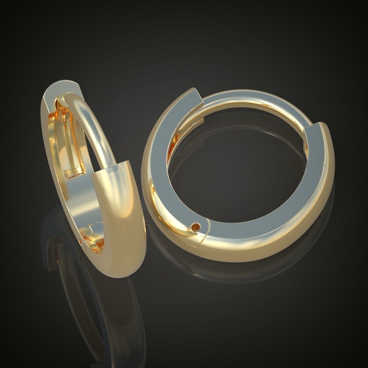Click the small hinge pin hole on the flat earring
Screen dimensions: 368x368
(x=196, y=227)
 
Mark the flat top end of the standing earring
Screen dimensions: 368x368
(x=61, y=88)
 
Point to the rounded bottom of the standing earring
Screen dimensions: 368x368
(x=115, y=271)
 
